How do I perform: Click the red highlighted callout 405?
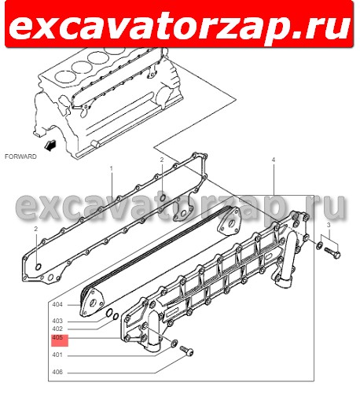tap(60, 339)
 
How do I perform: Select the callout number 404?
tap(57, 304)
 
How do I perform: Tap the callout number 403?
tap(57, 321)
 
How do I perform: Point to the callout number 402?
tap(57, 329)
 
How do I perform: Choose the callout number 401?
tap(57, 355)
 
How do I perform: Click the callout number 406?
tap(57, 372)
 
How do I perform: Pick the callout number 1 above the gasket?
tap(111, 168)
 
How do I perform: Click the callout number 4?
tap(273, 160)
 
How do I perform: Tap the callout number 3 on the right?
tap(329, 226)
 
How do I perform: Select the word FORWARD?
tap(20, 156)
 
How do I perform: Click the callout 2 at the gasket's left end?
tap(36, 228)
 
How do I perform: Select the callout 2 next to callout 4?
tap(162, 160)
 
